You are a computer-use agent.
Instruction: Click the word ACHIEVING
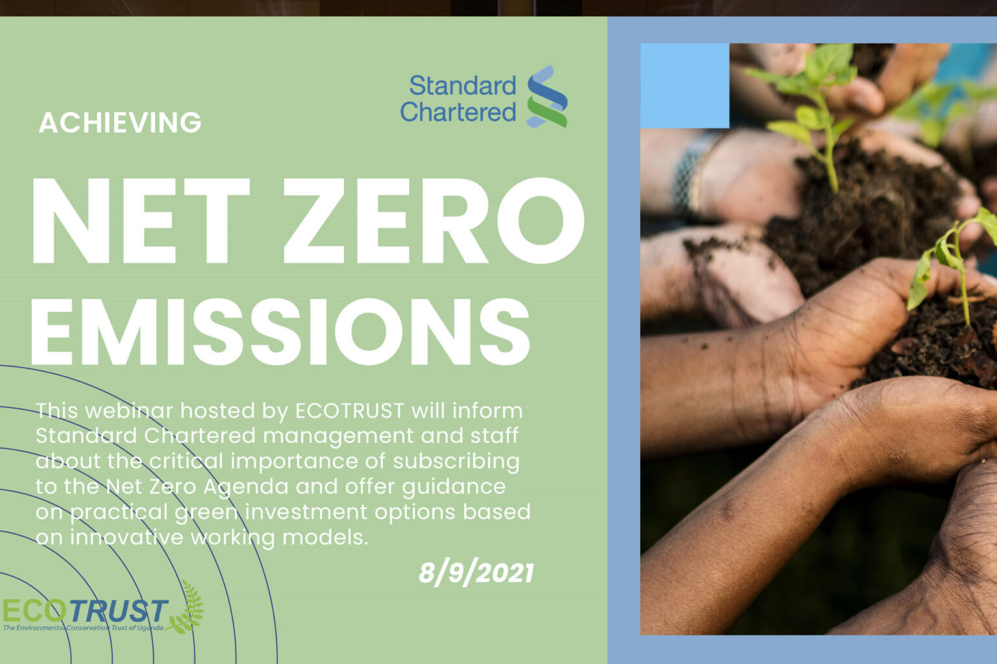[120, 123]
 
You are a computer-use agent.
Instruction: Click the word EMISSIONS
[280, 331]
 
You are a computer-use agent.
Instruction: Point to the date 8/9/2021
[476, 573]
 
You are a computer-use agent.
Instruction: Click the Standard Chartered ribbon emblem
[547, 97]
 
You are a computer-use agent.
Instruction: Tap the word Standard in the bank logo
[462, 86]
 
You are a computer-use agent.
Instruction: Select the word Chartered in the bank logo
[458, 112]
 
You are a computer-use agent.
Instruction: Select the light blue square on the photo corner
[685, 86]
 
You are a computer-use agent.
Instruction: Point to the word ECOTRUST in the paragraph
[350, 410]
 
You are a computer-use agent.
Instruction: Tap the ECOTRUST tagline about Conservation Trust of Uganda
[83, 628]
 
